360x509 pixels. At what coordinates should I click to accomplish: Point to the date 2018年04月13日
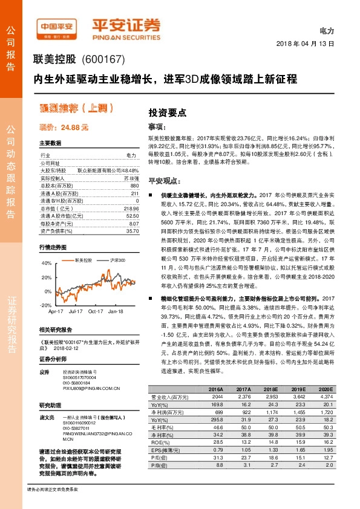pos(309,44)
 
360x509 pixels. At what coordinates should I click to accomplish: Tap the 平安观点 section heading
pos(162,181)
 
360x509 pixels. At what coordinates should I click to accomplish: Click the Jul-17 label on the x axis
pos(76,311)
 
